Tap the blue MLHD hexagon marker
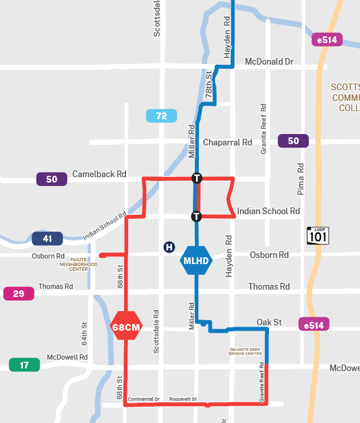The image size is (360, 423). click(x=196, y=260)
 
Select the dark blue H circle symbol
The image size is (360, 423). click(x=169, y=247)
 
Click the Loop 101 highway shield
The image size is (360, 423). click(x=318, y=235)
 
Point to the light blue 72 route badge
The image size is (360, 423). click(x=162, y=116)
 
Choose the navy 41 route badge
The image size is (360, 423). click(x=47, y=238)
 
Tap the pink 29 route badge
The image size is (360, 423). click(x=19, y=294)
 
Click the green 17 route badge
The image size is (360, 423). click(x=24, y=365)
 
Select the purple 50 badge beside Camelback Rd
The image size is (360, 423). click(x=52, y=179)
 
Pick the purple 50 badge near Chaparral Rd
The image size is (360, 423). click(x=293, y=141)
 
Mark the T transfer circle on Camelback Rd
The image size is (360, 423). click(x=197, y=178)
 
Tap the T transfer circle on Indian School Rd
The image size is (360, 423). click(x=196, y=217)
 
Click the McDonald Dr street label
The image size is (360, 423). click(x=269, y=61)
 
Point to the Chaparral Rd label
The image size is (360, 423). click(x=227, y=143)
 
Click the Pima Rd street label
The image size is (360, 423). click(x=301, y=178)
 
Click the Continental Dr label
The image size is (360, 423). click(x=143, y=399)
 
